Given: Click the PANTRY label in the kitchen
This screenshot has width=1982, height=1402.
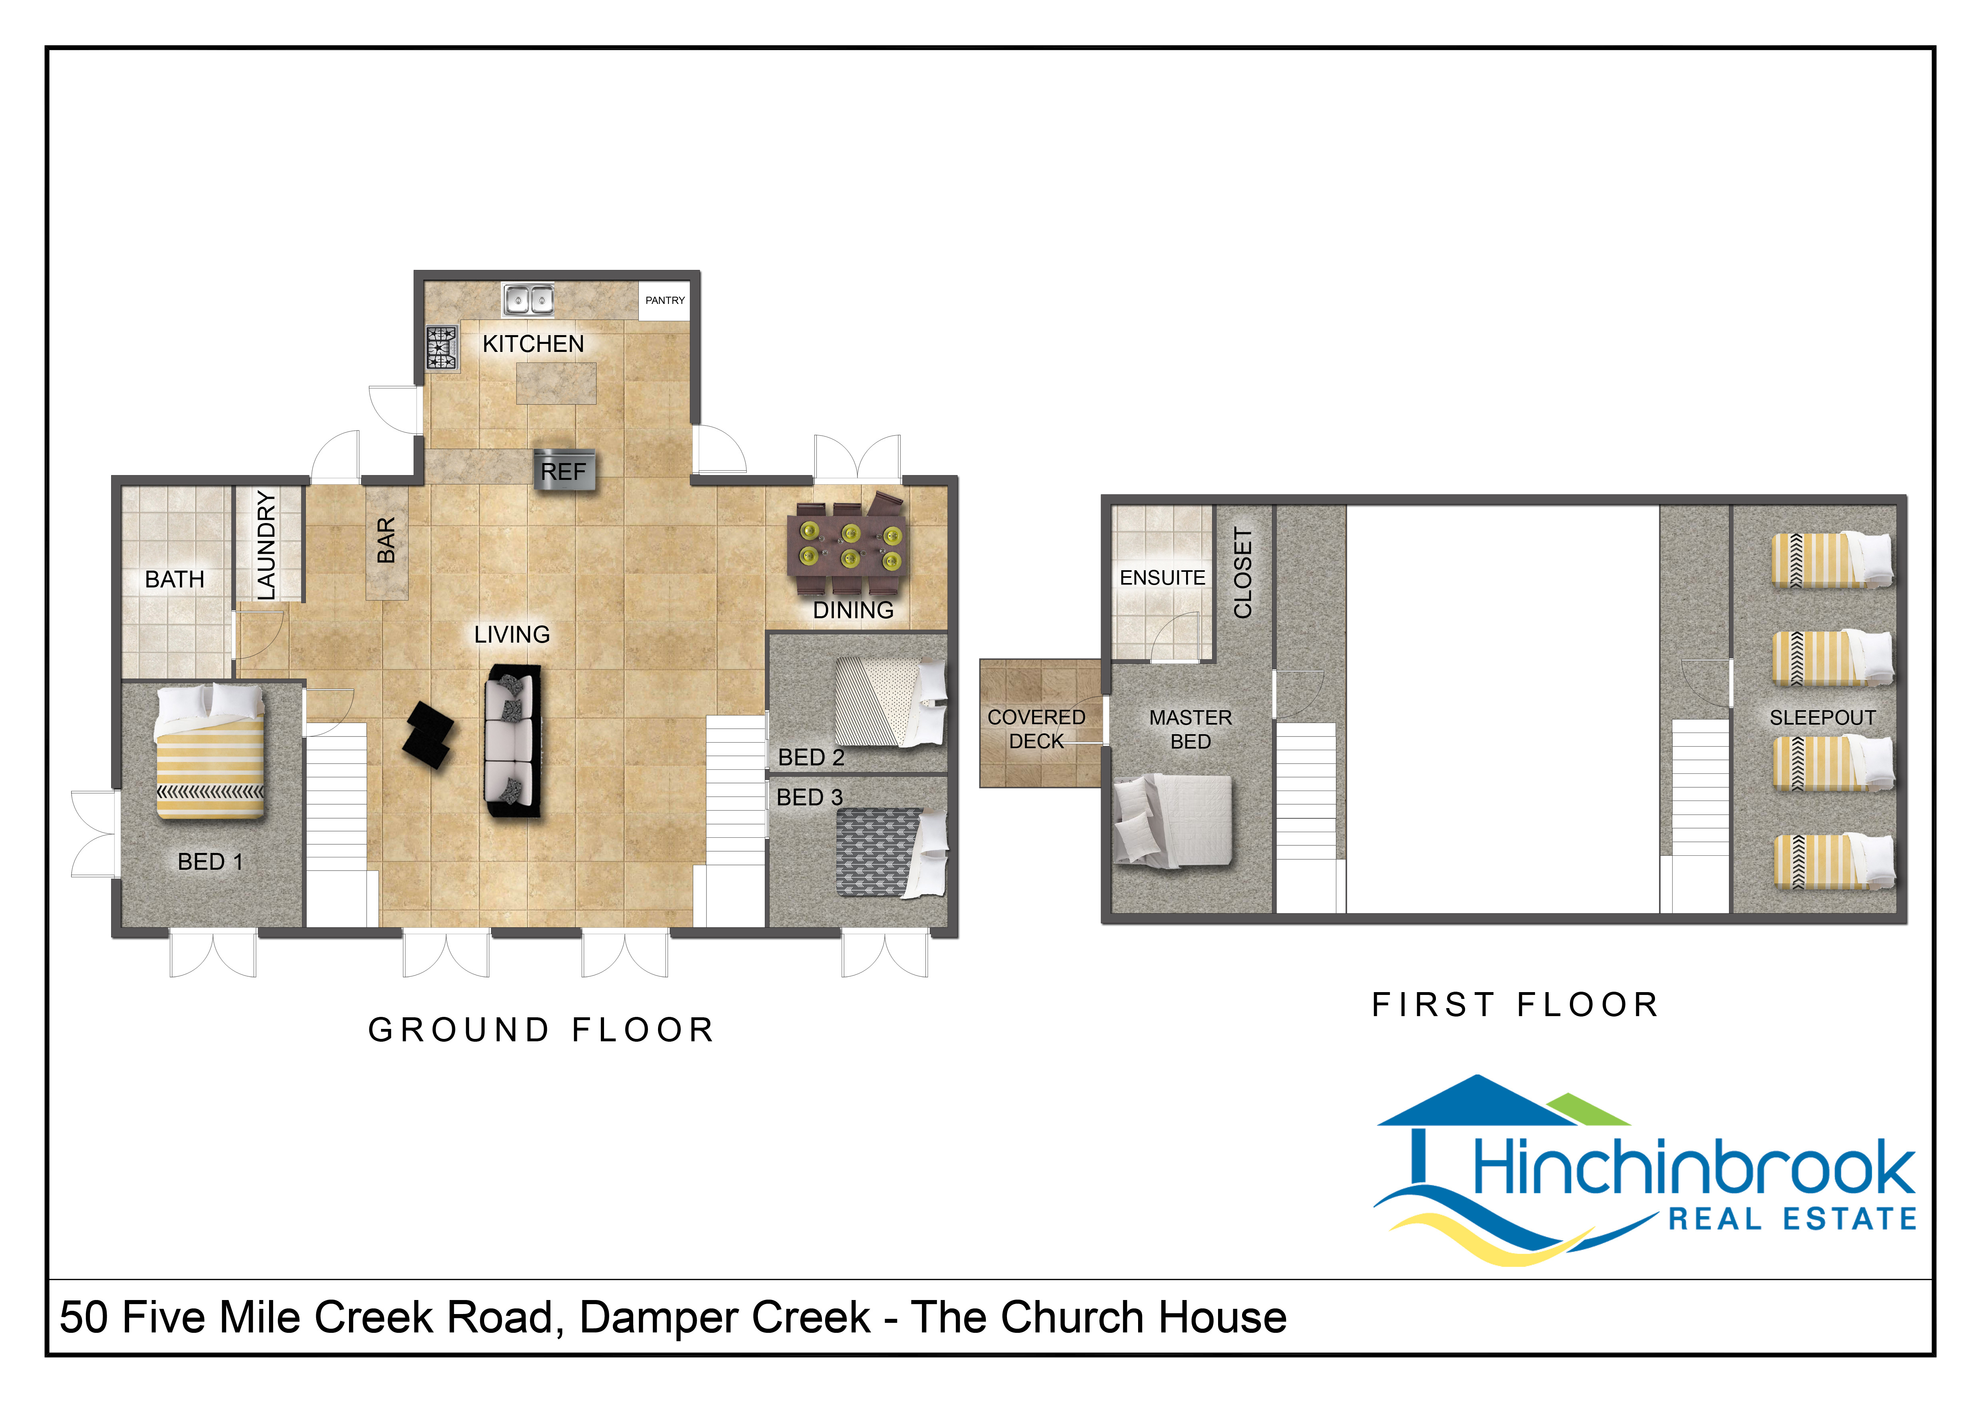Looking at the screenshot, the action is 665,300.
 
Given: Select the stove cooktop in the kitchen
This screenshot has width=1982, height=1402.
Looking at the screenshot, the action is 441,348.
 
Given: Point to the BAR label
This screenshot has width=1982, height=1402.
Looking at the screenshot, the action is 387,540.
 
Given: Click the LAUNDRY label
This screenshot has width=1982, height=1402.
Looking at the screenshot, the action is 267,545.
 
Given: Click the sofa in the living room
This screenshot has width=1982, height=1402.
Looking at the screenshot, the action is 512,741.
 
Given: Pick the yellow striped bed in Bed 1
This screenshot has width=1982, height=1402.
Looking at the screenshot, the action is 210,751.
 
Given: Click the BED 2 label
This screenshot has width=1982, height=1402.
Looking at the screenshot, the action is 811,757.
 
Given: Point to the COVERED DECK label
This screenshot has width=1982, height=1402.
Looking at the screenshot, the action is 1037,729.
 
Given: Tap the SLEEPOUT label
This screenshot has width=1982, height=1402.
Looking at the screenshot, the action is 1822,717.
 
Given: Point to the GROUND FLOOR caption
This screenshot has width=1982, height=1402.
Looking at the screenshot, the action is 541,1030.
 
